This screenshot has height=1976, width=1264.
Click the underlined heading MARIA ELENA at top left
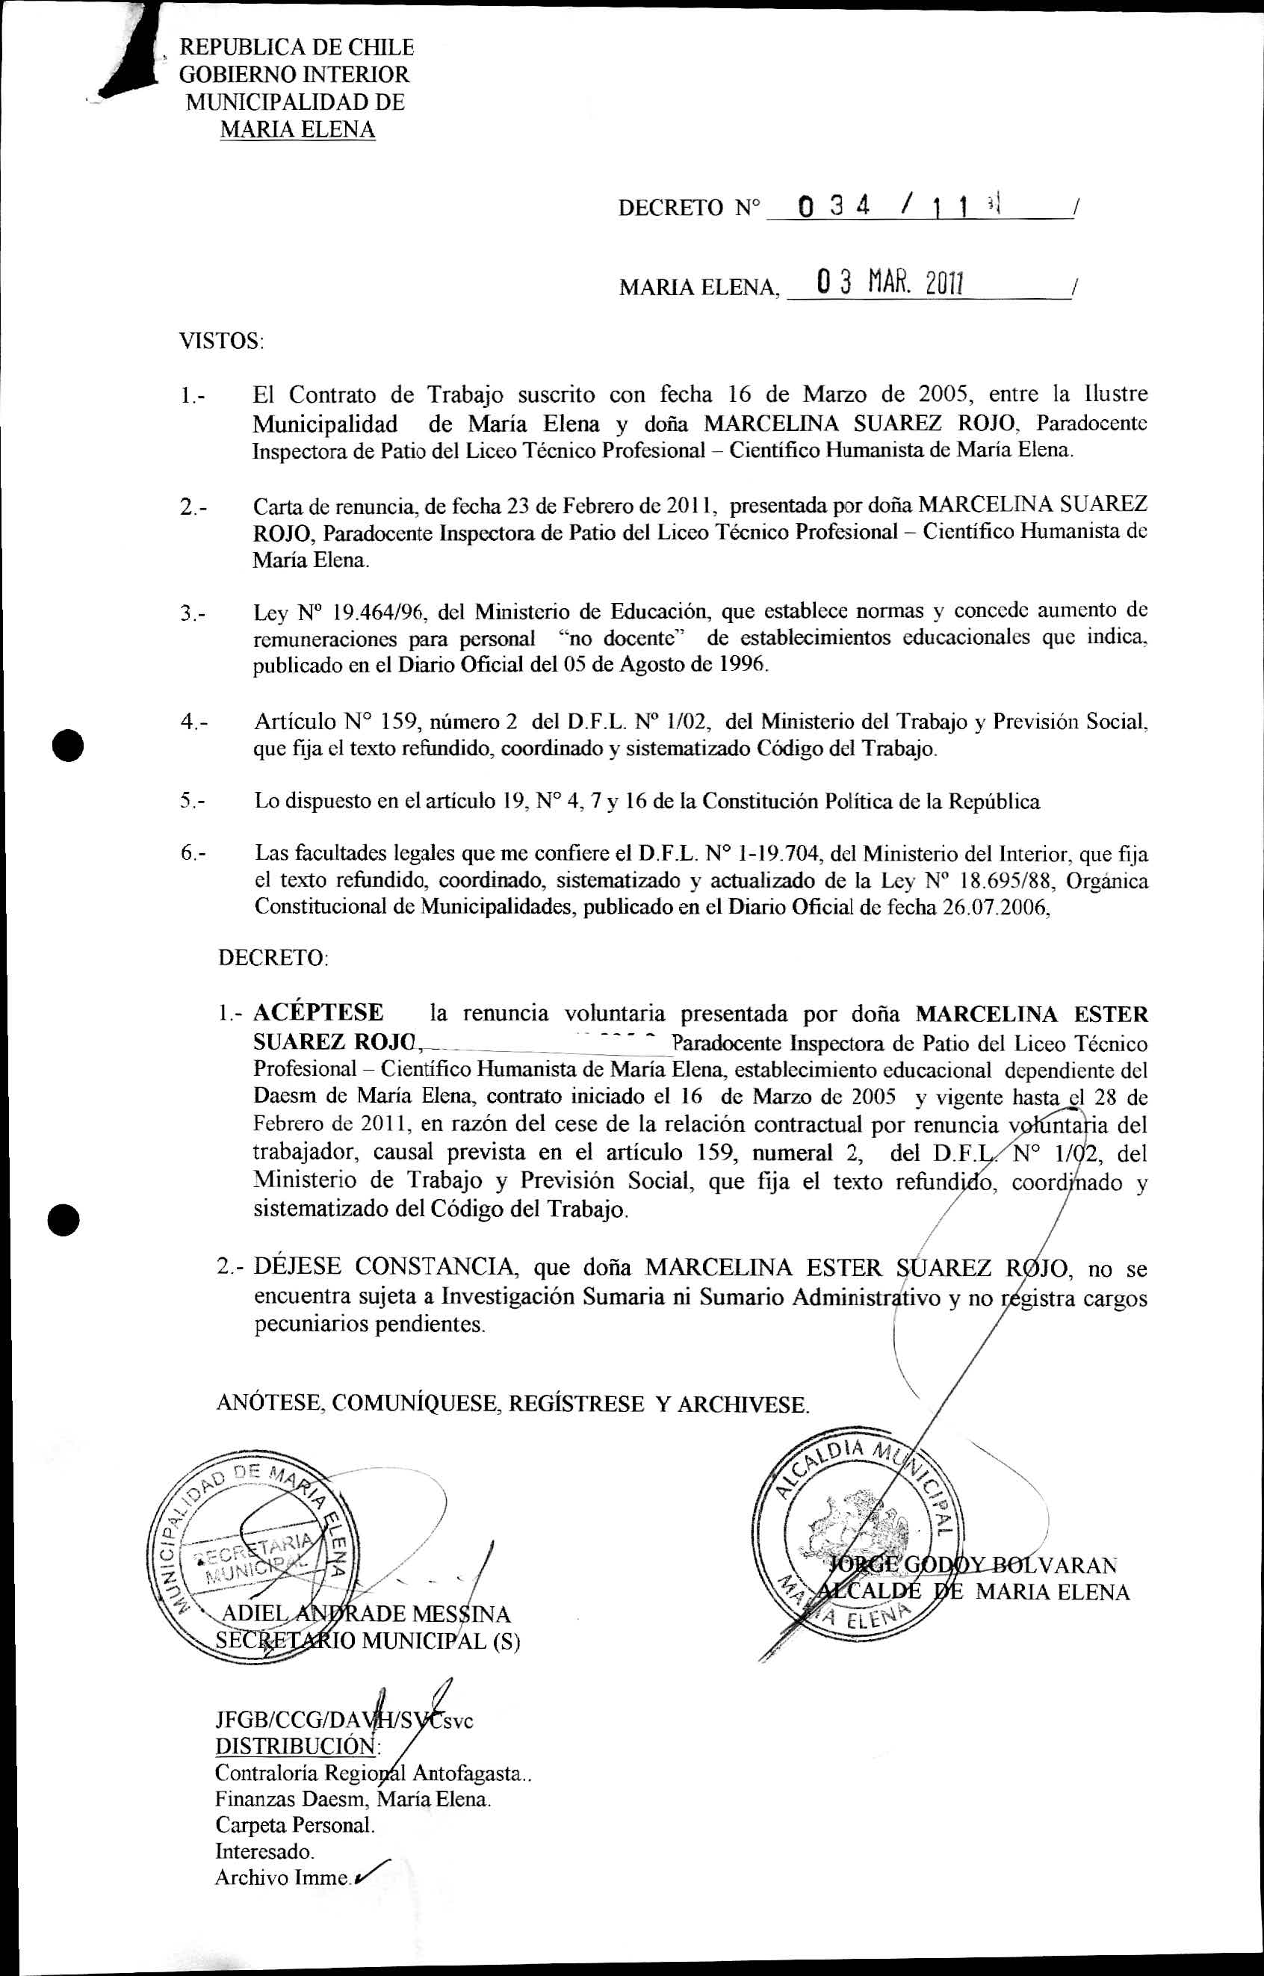coord(297,130)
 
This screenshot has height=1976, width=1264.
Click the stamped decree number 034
coord(833,206)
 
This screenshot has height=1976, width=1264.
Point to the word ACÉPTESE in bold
coord(318,1012)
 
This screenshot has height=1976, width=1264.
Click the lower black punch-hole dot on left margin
coord(64,1218)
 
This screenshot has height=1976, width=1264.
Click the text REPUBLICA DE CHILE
coord(296,48)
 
